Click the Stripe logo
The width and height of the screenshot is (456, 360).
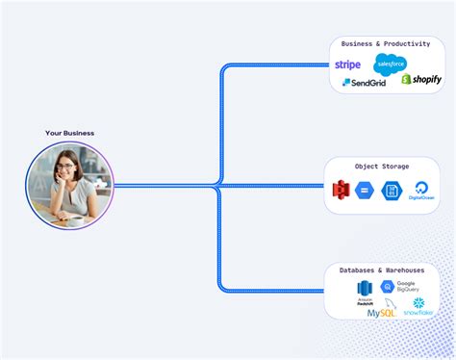(x=347, y=64)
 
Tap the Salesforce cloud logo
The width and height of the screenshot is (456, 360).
(x=391, y=64)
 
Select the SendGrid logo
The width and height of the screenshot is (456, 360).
(x=364, y=83)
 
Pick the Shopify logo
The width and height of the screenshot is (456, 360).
(x=420, y=79)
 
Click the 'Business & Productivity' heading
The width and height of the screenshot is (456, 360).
(x=385, y=44)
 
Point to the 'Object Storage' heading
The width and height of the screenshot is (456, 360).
(x=381, y=167)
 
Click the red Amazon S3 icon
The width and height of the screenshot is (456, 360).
(x=339, y=190)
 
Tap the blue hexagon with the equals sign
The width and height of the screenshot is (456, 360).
(x=364, y=190)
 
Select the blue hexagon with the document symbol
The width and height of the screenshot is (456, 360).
(x=391, y=190)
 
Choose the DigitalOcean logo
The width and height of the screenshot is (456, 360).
(x=420, y=190)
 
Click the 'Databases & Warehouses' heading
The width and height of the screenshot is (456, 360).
(x=382, y=270)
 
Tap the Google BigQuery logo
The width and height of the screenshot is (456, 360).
(x=399, y=287)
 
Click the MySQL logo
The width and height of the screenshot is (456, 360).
(x=380, y=312)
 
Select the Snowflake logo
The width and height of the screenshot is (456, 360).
(x=418, y=306)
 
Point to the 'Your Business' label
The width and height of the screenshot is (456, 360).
(x=69, y=133)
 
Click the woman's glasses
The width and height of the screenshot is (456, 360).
(x=65, y=167)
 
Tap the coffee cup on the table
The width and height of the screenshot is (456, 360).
(x=75, y=219)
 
